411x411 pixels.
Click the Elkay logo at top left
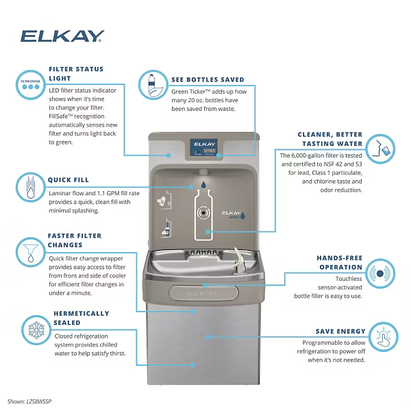point(62,36)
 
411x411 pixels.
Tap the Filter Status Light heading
point(76,73)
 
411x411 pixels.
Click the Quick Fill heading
point(68,180)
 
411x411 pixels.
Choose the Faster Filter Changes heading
point(75,240)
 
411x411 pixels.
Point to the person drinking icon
point(380,147)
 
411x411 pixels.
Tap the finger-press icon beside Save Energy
point(382,336)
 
